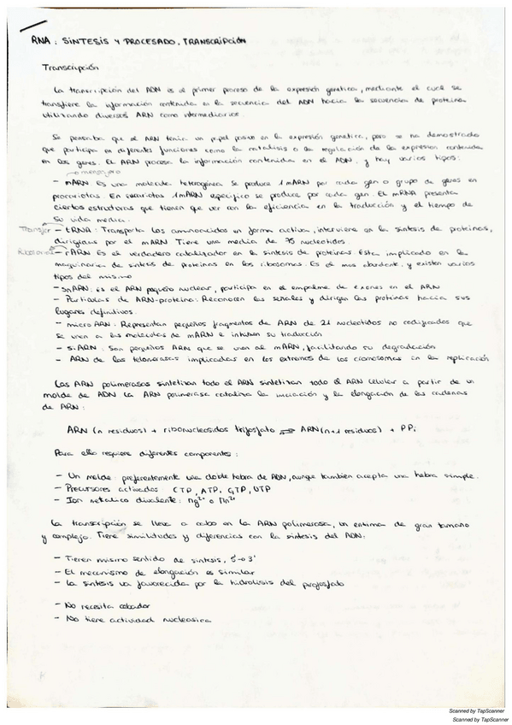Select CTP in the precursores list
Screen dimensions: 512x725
(x=182, y=488)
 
